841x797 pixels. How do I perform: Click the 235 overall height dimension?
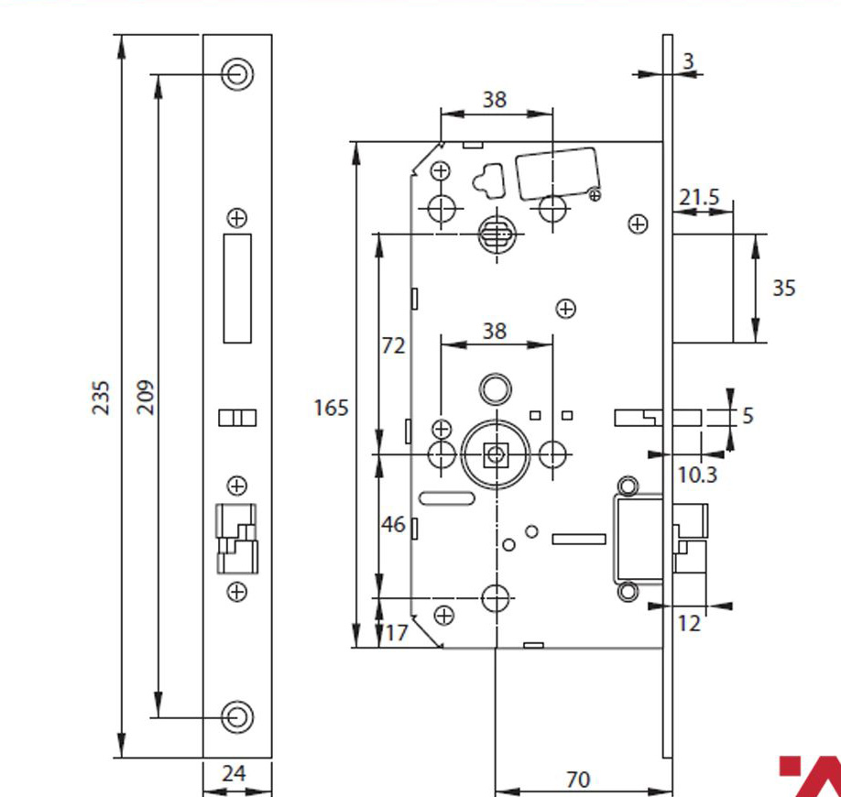click(x=101, y=398)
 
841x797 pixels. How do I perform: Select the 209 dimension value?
click(x=146, y=398)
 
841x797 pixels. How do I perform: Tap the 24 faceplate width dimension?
click(x=234, y=774)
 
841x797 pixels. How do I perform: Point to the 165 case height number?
click(x=331, y=408)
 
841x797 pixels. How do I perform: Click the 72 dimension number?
click(x=393, y=346)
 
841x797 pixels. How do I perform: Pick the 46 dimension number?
click(x=393, y=525)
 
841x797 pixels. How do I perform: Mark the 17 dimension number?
click(x=397, y=633)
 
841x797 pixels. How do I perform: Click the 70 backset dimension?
click(x=578, y=780)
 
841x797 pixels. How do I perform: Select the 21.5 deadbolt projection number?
click(x=699, y=197)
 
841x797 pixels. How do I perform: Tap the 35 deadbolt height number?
click(x=783, y=289)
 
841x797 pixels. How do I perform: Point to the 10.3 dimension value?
click(x=697, y=475)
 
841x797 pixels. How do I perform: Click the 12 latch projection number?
click(x=689, y=623)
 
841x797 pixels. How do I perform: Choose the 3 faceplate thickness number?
click(x=689, y=61)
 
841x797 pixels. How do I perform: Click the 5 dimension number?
click(x=748, y=416)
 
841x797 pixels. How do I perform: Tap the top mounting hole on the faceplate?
click(x=237, y=74)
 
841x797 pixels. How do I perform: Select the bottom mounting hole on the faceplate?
click(x=237, y=716)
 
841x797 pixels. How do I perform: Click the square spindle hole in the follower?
click(x=496, y=455)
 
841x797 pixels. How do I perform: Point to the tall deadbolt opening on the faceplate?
click(x=237, y=289)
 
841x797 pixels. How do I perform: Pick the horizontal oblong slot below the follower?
click(x=446, y=498)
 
